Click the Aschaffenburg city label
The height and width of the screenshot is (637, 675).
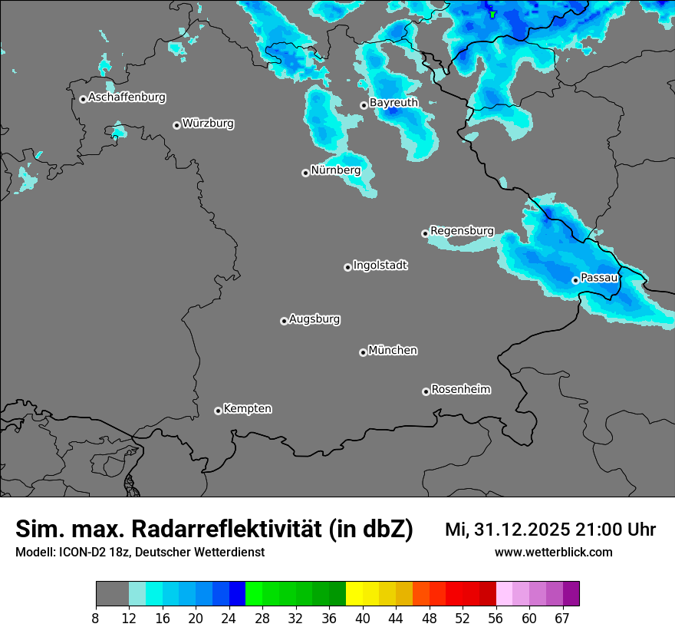pyautogui.click(x=127, y=97)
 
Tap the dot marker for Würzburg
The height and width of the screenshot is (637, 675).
pyautogui.click(x=176, y=125)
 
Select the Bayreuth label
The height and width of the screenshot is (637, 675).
pyautogui.click(x=393, y=102)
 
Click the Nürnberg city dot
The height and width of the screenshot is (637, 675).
pyautogui.click(x=305, y=173)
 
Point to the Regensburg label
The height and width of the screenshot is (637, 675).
pyautogui.click(x=462, y=230)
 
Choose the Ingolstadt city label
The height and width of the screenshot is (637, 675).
pyautogui.click(x=380, y=266)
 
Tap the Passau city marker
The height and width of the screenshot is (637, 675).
pyautogui.click(x=575, y=280)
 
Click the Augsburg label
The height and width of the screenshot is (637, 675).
pyautogui.click(x=314, y=318)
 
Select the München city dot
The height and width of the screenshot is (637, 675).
pyautogui.click(x=363, y=352)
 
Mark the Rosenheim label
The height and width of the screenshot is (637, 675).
pyautogui.click(x=460, y=389)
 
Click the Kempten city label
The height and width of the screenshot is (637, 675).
pyautogui.click(x=247, y=408)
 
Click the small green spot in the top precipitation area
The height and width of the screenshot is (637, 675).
pyautogui.click(x=492, y=13)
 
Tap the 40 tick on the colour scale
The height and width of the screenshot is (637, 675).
pyautogui.click(x=363, y=617)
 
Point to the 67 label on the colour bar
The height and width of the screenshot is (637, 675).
pyautogui.click(x=562, y=617)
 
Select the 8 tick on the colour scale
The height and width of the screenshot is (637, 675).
pyautogui.click(x=96, y=617)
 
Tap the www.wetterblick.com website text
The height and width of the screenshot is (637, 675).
pyautogui.click(x=553, y=552)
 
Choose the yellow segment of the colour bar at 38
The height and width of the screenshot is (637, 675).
pyautogui.click(x=354, y=594)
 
